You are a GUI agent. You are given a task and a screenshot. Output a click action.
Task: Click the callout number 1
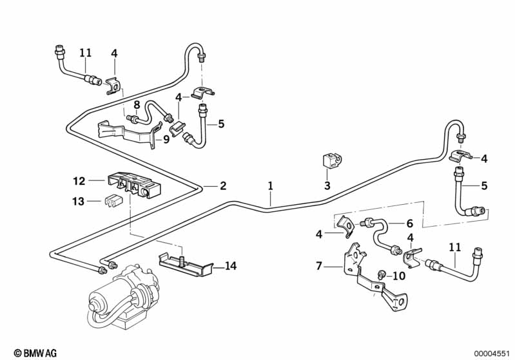tap(271, 185)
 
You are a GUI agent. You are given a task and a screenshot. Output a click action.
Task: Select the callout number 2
tap(223, 186)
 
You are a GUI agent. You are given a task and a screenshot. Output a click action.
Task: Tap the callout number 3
tap(327, 185)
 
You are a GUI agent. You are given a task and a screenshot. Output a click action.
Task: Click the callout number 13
tap(79, 201)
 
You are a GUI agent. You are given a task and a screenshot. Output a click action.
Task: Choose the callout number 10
tap(400, 276)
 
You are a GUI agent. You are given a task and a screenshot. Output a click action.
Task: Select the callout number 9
tap(166, 138)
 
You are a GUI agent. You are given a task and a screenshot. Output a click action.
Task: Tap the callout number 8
tap(137, 104)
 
